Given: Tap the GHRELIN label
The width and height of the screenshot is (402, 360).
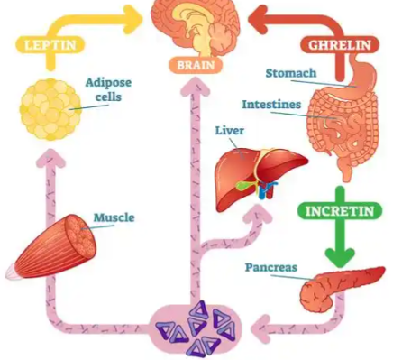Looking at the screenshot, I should click(342, 43).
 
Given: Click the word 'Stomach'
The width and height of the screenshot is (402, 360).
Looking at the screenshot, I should click(291, 71).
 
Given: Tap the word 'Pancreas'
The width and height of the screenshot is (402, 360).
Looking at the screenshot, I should click(271, 267).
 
